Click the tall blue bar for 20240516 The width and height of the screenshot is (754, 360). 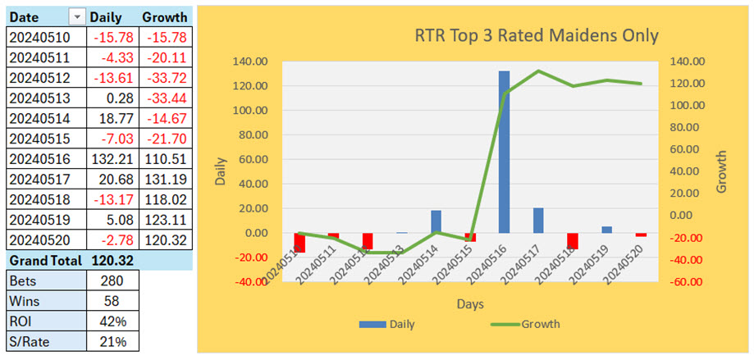504,152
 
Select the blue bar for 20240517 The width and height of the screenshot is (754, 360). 538,220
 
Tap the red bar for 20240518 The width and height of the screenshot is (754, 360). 573,240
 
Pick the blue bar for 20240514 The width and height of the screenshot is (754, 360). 436,221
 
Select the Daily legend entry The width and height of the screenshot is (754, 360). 389,324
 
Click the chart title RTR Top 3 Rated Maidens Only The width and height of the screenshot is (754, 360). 537,35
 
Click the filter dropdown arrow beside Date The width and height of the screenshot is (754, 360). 76,16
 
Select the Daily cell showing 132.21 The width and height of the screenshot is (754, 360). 113,159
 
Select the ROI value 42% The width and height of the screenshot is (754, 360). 113,321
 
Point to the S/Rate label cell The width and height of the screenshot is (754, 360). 45,341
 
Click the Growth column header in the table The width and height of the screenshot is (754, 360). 164,16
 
